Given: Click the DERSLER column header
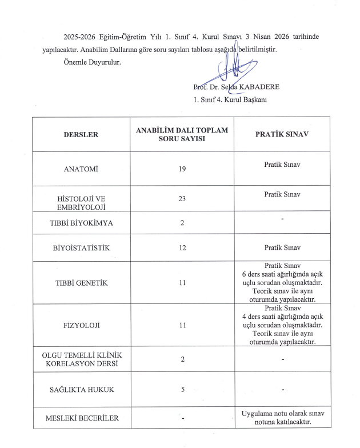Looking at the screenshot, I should click(x=82, y=135).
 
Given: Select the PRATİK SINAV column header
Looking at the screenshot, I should click(x=282, y=135).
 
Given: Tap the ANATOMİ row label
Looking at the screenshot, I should click(x=82, y=170).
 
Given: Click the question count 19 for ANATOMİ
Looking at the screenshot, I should click(x=182, y=170).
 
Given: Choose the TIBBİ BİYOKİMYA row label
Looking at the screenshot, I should click(x=82, y=223).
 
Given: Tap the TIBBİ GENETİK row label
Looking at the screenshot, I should click(x=82, y=283).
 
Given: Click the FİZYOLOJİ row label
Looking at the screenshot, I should click(x=82, y=326).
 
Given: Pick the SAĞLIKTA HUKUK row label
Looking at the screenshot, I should click(x=82, y=390).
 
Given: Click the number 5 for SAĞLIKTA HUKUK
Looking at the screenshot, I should click(x=182, y=390).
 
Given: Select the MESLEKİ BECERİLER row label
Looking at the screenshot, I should click(x=82, y=418).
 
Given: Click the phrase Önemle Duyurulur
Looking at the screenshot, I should click(x=92, y=62).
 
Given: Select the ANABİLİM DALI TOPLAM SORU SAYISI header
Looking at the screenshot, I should click(x=182, y=135).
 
